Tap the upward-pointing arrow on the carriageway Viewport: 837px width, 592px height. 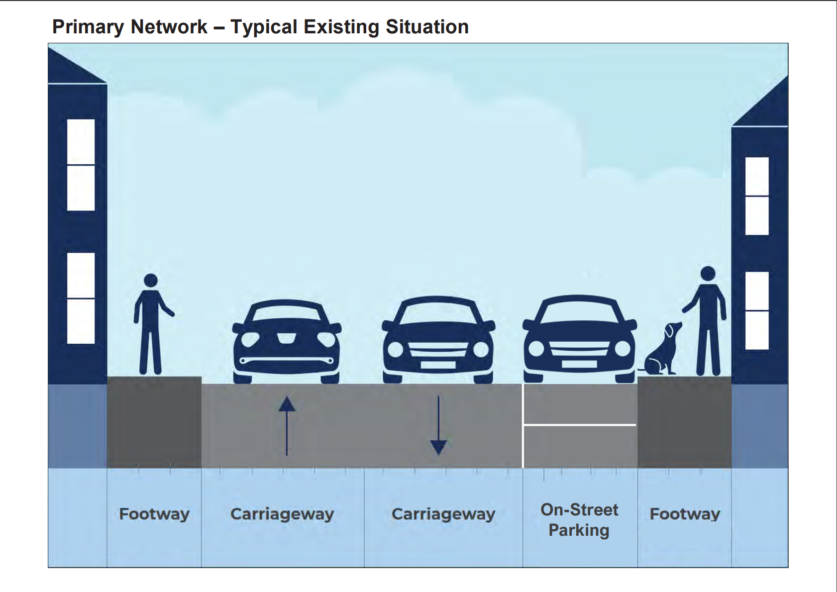(287, 425)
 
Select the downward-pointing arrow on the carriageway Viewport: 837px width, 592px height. (438, 426)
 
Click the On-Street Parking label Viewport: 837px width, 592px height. (579, 520)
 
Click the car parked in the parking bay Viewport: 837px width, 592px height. (579, 340)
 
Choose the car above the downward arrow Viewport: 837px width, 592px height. (438, 341)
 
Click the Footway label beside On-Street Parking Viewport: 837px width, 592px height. (685, 514)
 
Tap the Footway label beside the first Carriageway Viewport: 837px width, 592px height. (154, 514)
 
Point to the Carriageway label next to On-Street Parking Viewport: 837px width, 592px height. (443, 514)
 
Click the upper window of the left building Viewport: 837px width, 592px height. (81, 165)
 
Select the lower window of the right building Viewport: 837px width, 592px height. (757, 310)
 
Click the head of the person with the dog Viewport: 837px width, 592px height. (708, 274)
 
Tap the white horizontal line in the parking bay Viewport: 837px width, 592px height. (579, 425)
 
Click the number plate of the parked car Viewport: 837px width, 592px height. (579, 364)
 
